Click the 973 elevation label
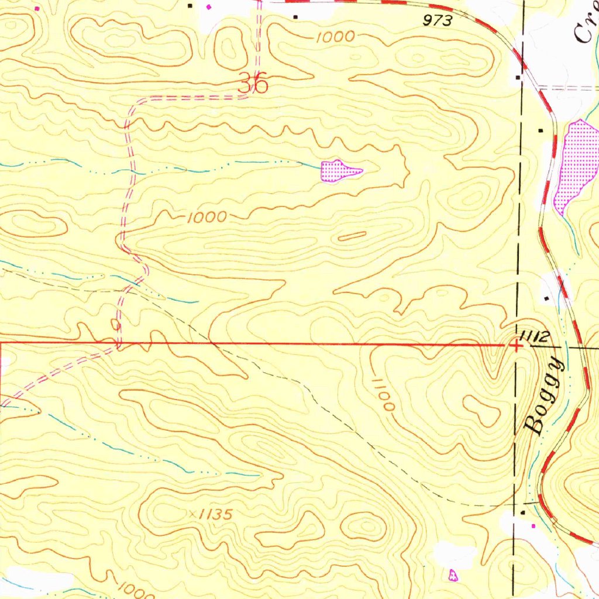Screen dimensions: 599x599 438,22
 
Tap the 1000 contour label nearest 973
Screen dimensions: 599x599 335,37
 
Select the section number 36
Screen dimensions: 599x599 254,84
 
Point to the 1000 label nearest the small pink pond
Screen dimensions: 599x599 206,218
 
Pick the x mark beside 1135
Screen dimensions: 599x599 193,513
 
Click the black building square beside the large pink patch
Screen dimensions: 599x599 541,130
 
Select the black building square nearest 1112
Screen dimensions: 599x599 546,298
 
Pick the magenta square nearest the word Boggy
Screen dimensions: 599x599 533,526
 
